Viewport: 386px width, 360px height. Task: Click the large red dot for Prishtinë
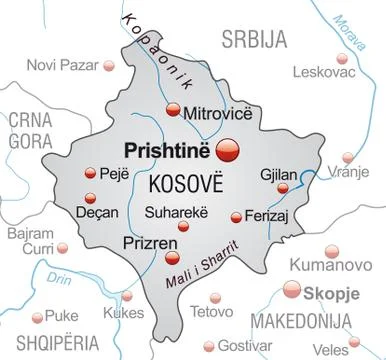231,149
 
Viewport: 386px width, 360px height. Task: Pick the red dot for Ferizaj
236,217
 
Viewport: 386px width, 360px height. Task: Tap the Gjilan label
279,171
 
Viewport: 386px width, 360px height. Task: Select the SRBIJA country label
252,40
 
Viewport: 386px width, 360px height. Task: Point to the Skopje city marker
294,291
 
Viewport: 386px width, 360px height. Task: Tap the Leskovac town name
322,71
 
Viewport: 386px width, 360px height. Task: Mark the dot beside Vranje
347,158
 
